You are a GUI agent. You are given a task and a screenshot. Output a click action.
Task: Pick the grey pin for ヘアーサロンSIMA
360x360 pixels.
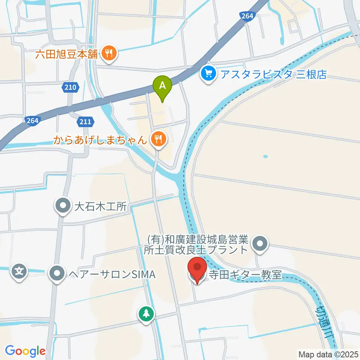tap(57, 274)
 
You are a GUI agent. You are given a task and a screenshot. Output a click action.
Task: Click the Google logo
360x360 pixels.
tap(25, 351)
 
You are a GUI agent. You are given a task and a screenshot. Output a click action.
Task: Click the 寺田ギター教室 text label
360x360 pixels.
tap(246, 275)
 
